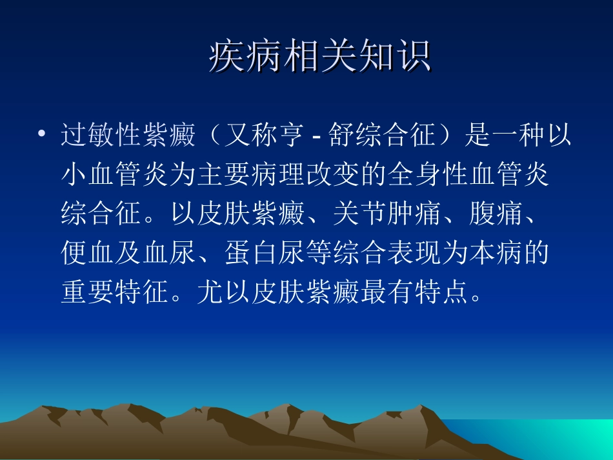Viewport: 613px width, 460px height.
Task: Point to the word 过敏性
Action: point(101,137)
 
